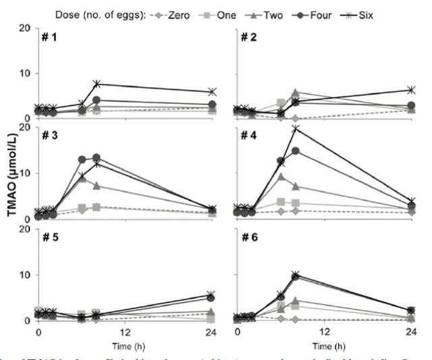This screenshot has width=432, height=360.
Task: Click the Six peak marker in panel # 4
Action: pos(295,128)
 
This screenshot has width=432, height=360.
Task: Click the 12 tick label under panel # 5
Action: pos(126,334)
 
